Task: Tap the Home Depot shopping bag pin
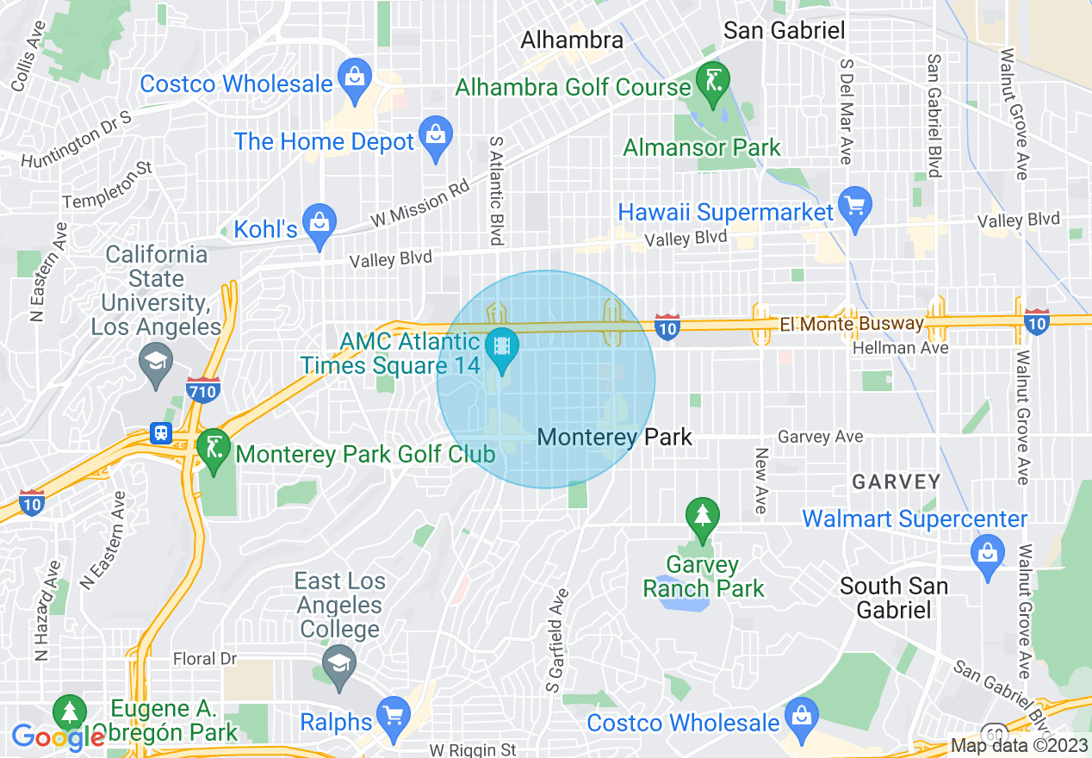[x=436, y=136]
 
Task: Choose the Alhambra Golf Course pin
[x=712, y=81]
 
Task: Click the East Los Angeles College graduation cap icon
[x=339, y=664]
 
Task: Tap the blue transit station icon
[x=161, y=433]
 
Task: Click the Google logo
[x=58, y=737]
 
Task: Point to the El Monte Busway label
[x=851, y=325]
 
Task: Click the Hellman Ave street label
[x=900, y=348]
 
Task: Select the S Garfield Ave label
[x=556, y=640]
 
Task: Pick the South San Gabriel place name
[x=893, y=598]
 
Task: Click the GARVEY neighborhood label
[x=896, y=482]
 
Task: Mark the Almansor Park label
[x=701, y=147]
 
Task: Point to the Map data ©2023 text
[x=1017, y=746]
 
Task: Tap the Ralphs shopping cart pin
[x=394, y=716]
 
